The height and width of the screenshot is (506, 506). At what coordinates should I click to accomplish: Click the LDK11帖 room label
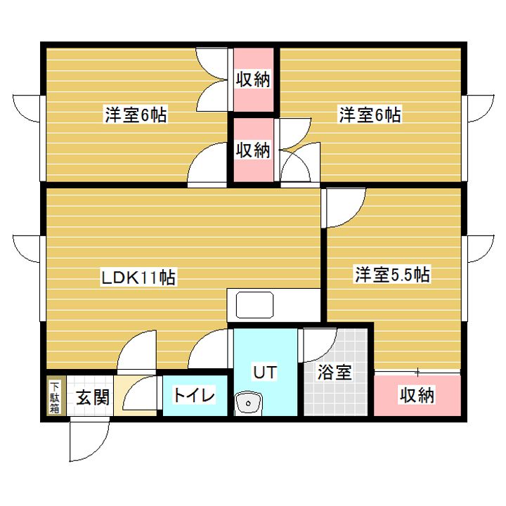(x=138, y=278)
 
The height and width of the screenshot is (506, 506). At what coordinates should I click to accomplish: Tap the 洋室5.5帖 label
(x=391, y=275)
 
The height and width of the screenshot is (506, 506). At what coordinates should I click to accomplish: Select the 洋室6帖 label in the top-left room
(x=136, y=115)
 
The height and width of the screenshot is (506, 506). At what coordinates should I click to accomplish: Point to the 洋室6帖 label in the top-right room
(x=370, y=115)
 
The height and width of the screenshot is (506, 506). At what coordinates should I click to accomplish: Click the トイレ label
(x=195, y=395)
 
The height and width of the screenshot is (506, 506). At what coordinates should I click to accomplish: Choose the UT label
(x=264, y=372)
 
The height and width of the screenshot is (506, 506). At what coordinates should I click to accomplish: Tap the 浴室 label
(x=335, y=372)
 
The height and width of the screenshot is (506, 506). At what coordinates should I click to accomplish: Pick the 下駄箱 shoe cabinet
(x=55, y=397)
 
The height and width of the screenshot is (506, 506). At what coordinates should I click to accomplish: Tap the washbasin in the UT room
(x=247, y=403)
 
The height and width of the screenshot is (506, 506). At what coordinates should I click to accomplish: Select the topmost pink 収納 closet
(x=253, y=79)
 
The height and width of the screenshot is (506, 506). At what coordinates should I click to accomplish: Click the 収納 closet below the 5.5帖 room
(x=417, y=396)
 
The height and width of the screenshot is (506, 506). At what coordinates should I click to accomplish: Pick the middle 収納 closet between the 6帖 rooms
(x=253, y=150)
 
